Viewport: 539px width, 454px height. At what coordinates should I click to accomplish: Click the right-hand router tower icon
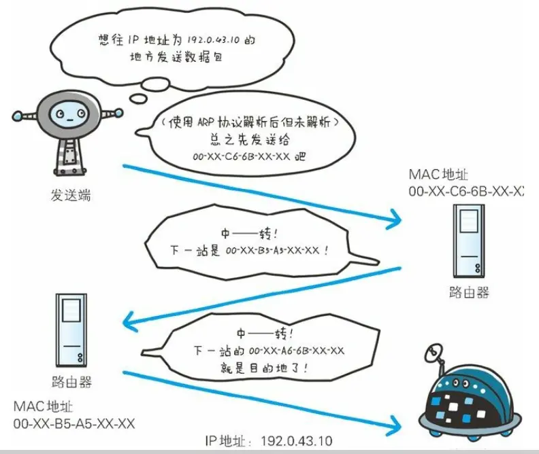(469, 242)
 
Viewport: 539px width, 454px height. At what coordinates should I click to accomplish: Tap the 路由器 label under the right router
(469, 293)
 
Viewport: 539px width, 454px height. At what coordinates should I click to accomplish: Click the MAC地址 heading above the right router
(440, 175)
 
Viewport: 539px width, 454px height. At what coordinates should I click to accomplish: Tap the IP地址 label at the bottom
(227, 442)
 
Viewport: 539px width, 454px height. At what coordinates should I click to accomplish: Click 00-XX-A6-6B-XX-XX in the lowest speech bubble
(297, 351)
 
